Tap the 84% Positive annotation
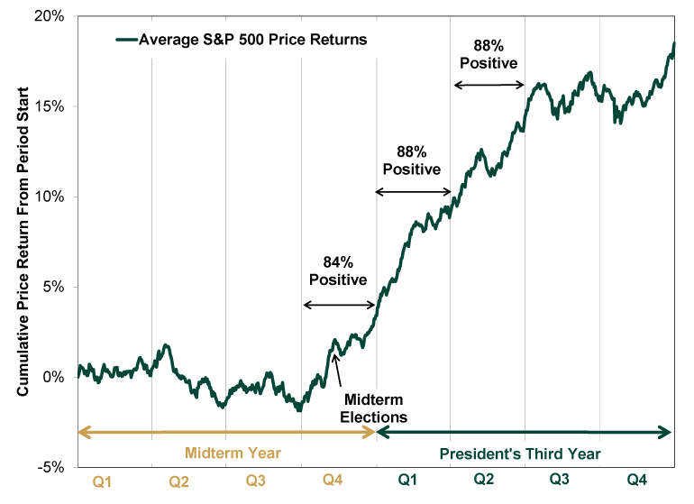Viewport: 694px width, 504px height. coord(338,270)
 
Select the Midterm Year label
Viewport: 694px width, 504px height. coord(233,453)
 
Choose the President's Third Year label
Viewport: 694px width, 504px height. coord(520,453)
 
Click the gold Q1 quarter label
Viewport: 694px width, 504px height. coord(102,482)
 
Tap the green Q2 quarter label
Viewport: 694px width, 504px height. coord(484,482)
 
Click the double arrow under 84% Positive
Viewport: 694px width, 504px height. coord(338,305)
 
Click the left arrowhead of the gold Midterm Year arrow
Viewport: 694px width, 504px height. coord(83,432)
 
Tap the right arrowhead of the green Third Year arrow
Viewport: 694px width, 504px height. coord(667,432)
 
